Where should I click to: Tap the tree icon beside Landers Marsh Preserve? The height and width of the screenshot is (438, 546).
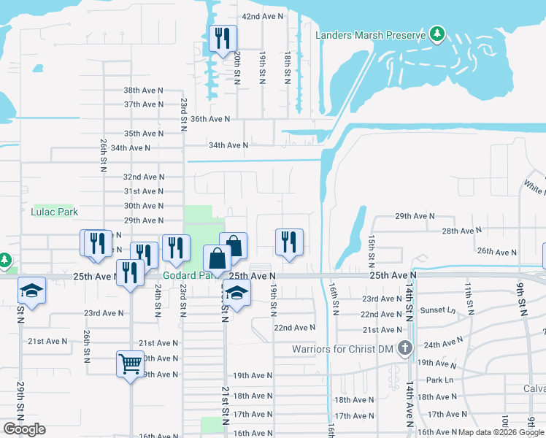coord(437,34)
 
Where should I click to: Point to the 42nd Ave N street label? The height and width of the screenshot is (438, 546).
coord(263,16)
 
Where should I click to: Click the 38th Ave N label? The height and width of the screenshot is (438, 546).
coord(144,91)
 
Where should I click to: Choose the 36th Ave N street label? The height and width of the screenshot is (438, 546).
coord(210,119)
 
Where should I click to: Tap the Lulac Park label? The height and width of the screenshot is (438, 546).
coord(54,212)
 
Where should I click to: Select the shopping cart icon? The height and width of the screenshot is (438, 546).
coord(130,363)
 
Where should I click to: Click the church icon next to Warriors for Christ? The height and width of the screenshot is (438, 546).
coord(406,348)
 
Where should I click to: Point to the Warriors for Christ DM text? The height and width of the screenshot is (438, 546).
coord(343,349)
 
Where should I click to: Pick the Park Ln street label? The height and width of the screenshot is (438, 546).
coord(440,380)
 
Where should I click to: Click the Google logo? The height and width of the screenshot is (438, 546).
coord(25,429)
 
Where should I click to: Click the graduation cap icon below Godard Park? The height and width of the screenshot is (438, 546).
coord(237,294)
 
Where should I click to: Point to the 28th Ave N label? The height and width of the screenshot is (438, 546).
coord(462,231)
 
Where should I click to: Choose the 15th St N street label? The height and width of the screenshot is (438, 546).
coord(372,249)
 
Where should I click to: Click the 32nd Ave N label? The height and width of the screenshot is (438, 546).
coord(144,177)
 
